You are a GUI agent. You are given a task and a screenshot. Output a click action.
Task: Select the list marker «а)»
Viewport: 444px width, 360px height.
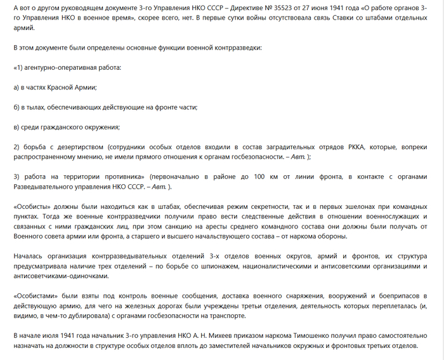point(17,87)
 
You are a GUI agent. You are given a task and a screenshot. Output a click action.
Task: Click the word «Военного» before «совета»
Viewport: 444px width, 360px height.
point(34,236)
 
